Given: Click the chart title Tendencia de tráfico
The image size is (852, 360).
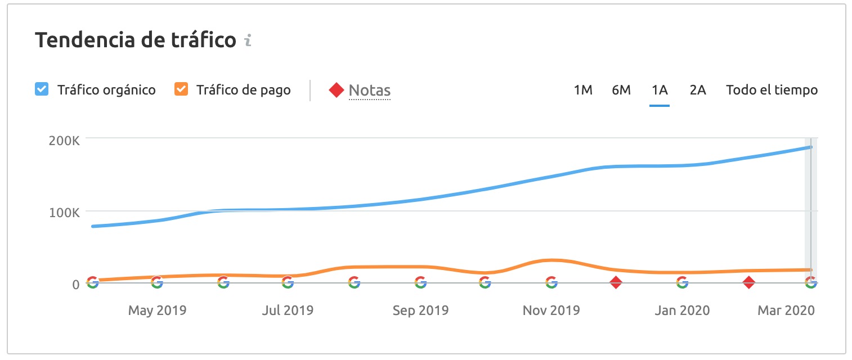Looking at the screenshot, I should [x=136, y=40].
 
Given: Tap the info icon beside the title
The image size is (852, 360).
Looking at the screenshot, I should [x=248, y=41].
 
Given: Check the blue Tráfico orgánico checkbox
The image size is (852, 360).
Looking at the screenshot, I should [x=41, y=89].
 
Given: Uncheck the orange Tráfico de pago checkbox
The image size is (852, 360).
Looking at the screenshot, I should [x=181, y=89].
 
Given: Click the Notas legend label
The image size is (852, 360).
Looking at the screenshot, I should [x=369, y=90].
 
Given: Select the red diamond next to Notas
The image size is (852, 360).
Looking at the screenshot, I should [x=336, y=90].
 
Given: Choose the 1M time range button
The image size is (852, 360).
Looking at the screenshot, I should [x=583, y=90].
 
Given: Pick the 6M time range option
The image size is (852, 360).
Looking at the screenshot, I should [x=621, y=90].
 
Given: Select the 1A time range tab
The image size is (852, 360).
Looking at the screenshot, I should [x=660, y=90].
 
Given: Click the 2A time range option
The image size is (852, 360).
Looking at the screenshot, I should [x=698, y=90].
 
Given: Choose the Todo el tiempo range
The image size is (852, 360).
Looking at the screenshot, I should [x=772, y=90].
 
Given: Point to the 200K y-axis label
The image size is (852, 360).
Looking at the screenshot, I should [x=64, y=141].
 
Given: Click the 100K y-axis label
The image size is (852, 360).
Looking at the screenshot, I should [x=64, y=212].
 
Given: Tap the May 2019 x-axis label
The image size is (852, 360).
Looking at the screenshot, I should [x=157, y=310].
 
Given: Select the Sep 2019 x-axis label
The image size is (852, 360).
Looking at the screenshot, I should [x=420, y=310].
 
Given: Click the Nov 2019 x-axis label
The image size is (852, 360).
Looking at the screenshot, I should [x=551, y=310].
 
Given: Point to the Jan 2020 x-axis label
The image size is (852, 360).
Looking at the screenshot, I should [x=682, y=310].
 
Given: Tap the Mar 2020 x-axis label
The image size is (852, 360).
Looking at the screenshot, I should [x=786, y=310].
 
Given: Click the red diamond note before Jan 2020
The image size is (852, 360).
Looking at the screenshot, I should [x=616, y=282].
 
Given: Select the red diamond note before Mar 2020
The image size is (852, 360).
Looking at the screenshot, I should [x=748, y=282].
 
